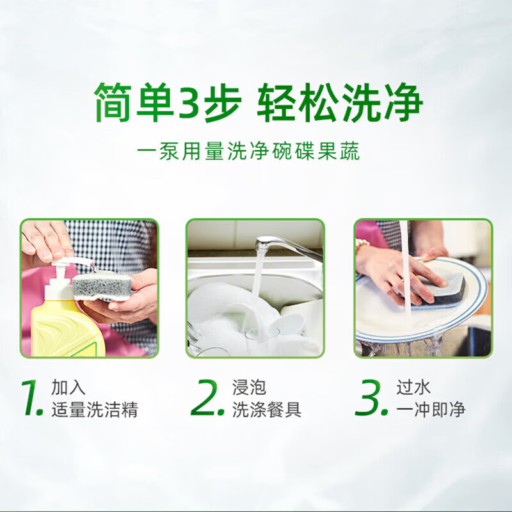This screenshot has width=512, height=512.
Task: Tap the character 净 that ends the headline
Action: pos(402,102)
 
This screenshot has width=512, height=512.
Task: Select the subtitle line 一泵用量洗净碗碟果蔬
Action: pos(248,153)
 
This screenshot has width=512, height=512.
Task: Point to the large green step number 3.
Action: pos(372,398)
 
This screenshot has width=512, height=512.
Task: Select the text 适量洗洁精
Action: pos(95,410)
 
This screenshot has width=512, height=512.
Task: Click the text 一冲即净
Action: pos(431,410)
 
